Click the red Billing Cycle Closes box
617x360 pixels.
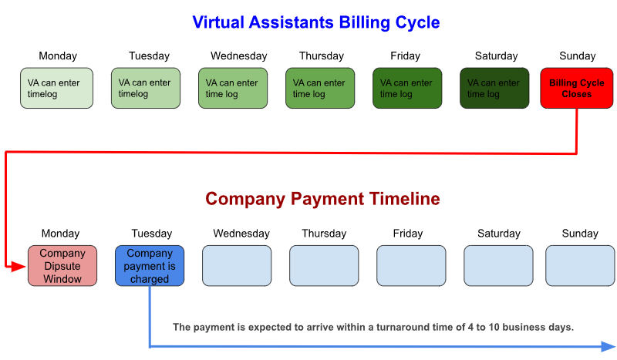[x=576, y=88]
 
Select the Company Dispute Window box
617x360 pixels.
[x=62, y=266]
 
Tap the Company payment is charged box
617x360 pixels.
[x=150, y=266]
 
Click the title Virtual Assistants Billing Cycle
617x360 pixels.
[x=316, y=22]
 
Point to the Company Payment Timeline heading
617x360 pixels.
[x=322, y=199]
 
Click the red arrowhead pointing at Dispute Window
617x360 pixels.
[x=17, y=267]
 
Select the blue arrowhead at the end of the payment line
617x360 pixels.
[x=609, y=346]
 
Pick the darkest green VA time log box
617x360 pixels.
[x=494, y=88]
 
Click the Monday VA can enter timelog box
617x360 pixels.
[x=56, y=88]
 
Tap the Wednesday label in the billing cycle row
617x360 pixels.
[x=239, y=56]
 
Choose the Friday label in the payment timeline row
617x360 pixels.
[x=408, y=234]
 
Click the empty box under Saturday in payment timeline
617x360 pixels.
[x=498, y=266]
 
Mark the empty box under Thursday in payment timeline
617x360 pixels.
[x=324, y=266]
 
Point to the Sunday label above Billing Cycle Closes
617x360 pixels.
[x=577, y=56]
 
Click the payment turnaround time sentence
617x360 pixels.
[x=373, y=327]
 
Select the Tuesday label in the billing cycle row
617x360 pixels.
[x=149, y=56]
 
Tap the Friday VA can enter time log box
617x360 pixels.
[x=407, y=88]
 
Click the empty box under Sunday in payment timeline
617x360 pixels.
[x=580, y=266]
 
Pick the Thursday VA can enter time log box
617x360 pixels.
[x=320, y=88]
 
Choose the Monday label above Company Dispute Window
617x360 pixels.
[x=61, y=234]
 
